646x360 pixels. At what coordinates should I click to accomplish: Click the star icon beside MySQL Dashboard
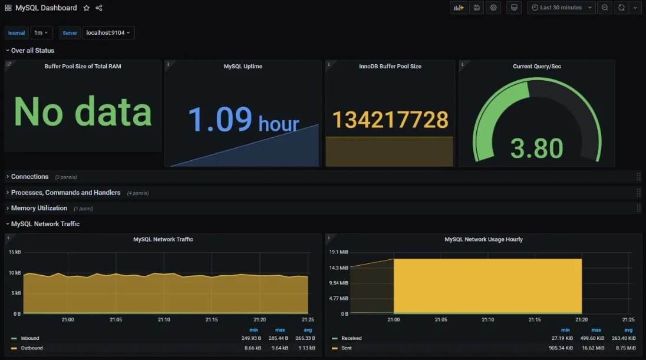(87, 8)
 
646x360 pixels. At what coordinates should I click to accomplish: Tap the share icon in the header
(98, 8)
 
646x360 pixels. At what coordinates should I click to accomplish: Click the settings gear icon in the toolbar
(493, 8)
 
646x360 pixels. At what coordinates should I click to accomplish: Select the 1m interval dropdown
(41, 33)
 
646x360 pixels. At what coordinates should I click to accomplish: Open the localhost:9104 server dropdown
(108, 33)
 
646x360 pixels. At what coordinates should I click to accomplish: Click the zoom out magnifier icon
(604, 8)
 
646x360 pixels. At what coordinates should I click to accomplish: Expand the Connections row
(29, 177)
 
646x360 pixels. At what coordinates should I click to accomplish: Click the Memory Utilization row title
(39, 208)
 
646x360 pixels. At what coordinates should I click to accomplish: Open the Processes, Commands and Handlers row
(65, 193)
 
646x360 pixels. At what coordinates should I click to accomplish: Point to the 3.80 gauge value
(536, 148)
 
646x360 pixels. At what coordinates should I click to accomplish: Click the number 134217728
(390, 120)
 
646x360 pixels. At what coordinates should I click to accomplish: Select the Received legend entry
(351, 338)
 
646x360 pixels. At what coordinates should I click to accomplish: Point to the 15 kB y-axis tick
(15, 252)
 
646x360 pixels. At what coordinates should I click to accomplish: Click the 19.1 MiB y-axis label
(339, 252)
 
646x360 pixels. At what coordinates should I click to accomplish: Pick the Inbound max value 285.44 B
(276, 338)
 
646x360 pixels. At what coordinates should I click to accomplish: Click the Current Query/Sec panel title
(536, 67)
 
